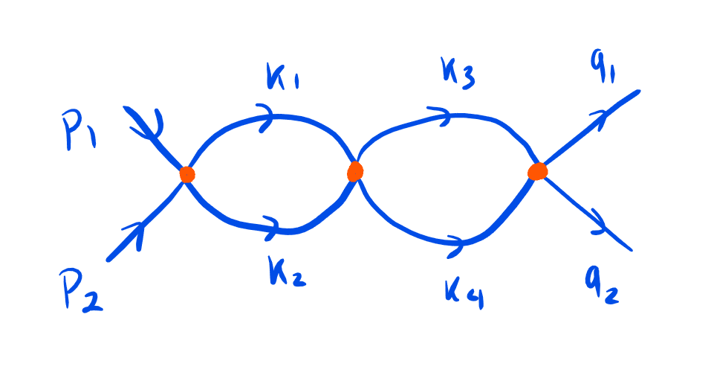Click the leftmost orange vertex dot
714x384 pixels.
186,174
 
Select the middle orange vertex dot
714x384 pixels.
355,172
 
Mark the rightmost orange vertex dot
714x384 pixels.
537,173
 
